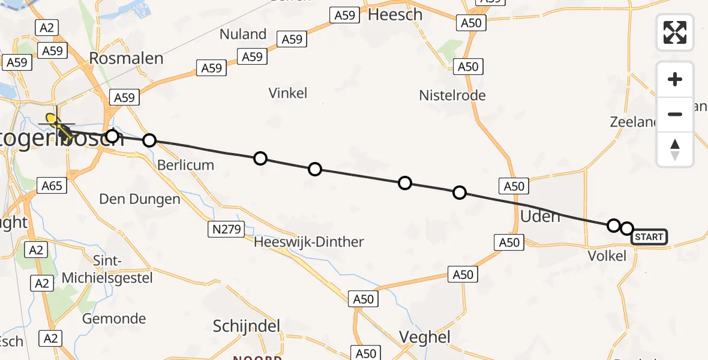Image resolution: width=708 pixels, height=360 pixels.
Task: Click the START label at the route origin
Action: pos(649,237)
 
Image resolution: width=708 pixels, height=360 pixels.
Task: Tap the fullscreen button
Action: pos(675,32)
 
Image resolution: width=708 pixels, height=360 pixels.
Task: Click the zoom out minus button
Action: pos(675,114)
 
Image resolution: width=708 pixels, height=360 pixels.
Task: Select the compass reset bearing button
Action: pos(675,149)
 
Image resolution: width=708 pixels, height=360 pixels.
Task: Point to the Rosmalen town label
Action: pos(126,58)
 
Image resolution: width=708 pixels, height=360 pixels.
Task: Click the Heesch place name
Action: pos(395,14)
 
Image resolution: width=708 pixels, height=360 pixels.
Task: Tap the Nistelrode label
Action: pos(452,95)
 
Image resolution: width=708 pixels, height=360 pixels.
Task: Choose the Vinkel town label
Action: pos(288,93)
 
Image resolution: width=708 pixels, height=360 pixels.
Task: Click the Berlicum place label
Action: pos(185,165)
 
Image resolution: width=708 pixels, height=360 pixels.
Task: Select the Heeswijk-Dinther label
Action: pos(309,242)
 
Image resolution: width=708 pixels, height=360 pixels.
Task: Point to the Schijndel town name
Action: pos(247,326)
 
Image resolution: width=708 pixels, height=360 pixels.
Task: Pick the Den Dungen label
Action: pos(139,199)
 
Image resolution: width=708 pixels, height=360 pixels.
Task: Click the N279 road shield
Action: pos(226,229)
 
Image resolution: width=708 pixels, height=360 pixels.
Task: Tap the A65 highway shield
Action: pos(52,186)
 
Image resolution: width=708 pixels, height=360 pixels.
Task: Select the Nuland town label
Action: pos(243,34)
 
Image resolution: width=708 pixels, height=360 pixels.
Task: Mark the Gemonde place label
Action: pos(114,319)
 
